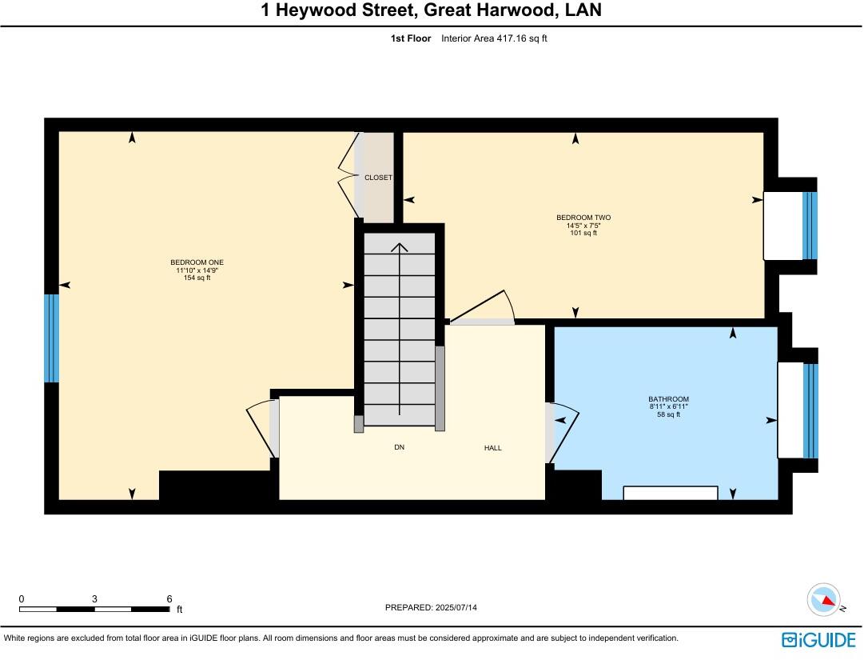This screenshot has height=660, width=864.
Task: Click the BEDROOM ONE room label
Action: point(195,262)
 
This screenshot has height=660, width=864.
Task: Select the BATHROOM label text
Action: point(668,399)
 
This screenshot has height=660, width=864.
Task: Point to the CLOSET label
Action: point(378,178)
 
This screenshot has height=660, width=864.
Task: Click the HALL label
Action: point(493,448)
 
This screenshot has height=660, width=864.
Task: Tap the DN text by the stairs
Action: point(399,447)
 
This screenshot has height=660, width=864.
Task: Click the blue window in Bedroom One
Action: point(51,338)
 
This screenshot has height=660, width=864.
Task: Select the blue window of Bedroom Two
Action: point(810,226)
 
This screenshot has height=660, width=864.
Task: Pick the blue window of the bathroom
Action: point(810,410)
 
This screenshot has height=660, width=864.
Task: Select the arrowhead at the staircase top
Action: point(400,246)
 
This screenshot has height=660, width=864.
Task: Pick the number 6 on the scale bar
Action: point(169,598)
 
